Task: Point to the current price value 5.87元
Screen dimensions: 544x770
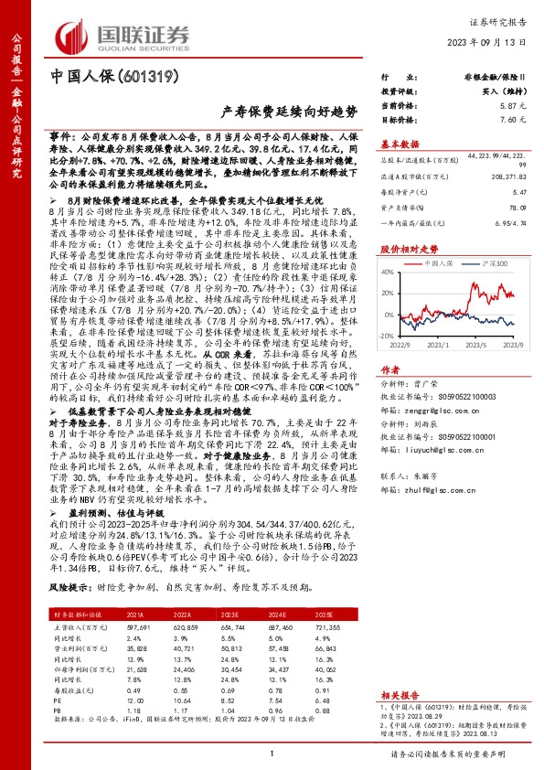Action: click(x=512, y=107)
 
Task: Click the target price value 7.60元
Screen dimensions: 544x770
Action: click(x=512, y=120)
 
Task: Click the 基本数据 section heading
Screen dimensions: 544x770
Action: click(x=400, y=144)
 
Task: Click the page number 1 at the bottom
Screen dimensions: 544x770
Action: click(x=272, y=753)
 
